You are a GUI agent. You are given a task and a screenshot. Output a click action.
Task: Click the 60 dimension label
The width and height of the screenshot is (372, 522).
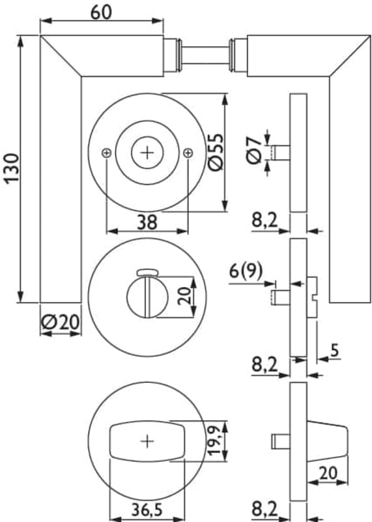102,12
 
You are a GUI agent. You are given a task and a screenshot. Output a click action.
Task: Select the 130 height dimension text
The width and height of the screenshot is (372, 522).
12,168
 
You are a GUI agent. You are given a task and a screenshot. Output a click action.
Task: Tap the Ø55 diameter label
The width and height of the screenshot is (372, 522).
216,152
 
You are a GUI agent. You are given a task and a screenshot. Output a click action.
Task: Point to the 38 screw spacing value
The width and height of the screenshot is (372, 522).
147,222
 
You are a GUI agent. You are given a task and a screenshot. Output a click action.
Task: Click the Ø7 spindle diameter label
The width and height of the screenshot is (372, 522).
254,150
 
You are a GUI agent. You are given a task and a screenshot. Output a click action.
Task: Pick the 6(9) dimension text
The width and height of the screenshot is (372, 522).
246,271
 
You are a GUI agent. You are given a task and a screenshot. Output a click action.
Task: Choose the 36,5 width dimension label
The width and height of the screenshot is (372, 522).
147,510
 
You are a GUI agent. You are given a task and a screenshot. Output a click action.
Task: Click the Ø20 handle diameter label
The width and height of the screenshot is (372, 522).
60,322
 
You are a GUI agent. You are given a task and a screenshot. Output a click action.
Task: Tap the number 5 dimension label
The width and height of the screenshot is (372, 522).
334,350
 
